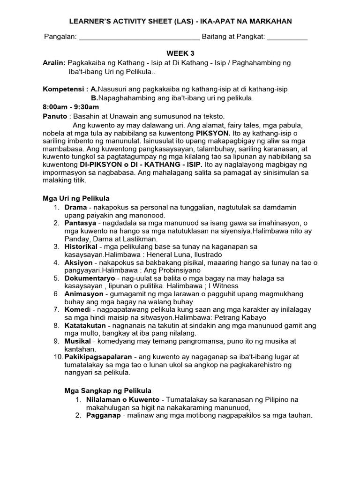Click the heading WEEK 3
coord(180,54)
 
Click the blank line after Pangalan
coord(139,38)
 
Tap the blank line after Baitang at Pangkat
coord(287,38)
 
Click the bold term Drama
coord(75,207)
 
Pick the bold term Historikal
coord(81,246)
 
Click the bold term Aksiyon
coord(78,262)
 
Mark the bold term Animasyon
coord(82,294)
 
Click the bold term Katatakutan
coord(86,325)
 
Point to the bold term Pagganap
coord(102,416)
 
